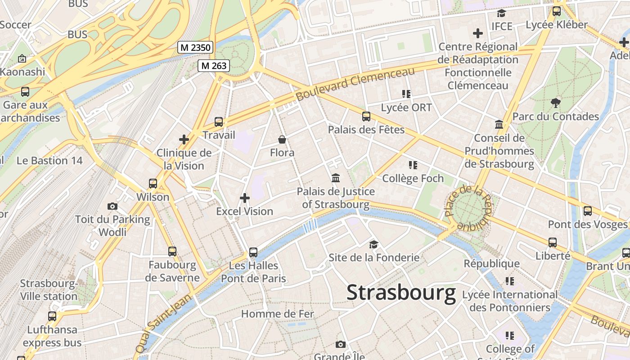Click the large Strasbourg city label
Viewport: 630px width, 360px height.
click(x=401, y=293)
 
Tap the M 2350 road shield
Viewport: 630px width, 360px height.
click(x=195, y=47)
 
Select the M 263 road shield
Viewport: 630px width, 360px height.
click(x=214, y=66)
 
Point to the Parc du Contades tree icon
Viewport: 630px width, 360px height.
click(x=556, y=103)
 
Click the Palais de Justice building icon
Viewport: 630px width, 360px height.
click(x=336, y=178)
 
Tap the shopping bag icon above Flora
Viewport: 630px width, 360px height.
click(x=282, y=139)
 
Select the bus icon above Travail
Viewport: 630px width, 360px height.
click(x=219, y=121)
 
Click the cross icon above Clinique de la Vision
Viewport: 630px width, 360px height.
click(x=184, y=139)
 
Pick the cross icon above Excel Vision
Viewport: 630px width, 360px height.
click(x=245, y=198)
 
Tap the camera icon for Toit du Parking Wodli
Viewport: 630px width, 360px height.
click(x=112, y=206)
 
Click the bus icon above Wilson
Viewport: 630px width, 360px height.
click(x=153, y=184)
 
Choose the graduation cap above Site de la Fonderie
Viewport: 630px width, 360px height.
click(x=373, y=244)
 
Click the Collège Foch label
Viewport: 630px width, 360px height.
click(x=413, y=179)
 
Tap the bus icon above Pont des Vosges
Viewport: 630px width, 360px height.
click(x=587, y=211)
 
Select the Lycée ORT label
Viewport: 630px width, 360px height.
click(x=406, y=108)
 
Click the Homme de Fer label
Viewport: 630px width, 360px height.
click(x=278, y=314)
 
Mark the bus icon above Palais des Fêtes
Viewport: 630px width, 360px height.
click(x=366, y=117)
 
